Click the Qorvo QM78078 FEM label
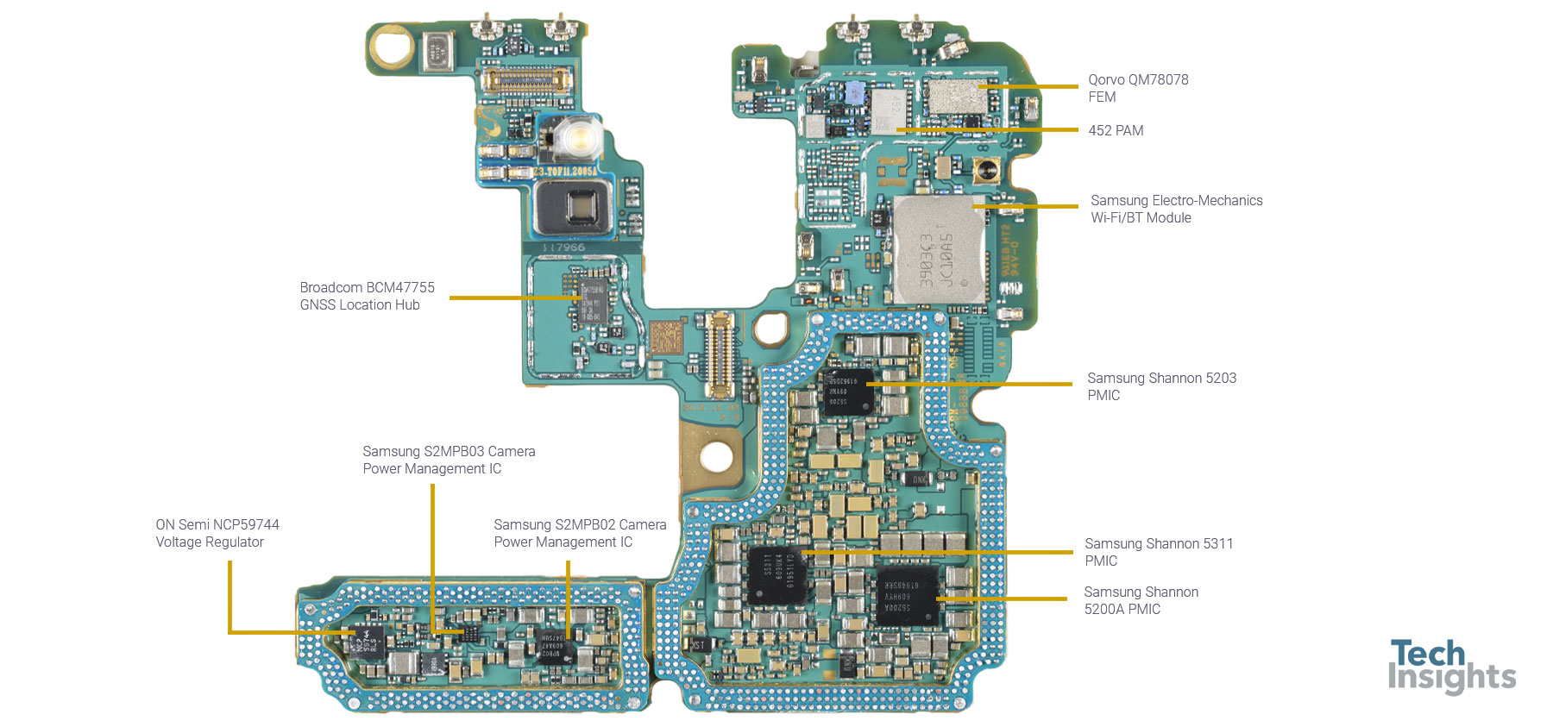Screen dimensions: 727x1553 pyautogui.click(x=1138, y=88)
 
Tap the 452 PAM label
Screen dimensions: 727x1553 pyautogui.click(x=1116, y=131)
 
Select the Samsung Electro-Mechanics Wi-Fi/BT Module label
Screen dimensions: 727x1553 pyautogui.click(x=1176, y=209)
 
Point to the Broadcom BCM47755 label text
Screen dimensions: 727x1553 pyautogui.click(x=367, y=296)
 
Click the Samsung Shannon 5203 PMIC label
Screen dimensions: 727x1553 pyautogui.click(x=1161, y=386)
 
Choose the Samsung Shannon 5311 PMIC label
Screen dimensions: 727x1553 pyautogui.click(x=1159, y=552)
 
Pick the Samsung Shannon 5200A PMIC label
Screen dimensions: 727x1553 pyautogui.click(x=1141, y=600)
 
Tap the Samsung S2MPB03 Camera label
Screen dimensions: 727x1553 pyautogui.click(x=449, y=460)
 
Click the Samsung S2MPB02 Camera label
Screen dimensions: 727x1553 pyautogui.click(x=580, y=533)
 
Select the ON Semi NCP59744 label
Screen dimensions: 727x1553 pyautogui.click(x=217, y=533)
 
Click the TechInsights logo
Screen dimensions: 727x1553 pyautogui.click(x=1451, y=666)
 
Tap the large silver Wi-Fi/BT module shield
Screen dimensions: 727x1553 pyautogui.click(x=938, y=250)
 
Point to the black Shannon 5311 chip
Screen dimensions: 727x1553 pyautogui.click(x=777, y=573)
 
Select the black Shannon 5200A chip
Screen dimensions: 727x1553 pyautogui.click(x=907, y=595)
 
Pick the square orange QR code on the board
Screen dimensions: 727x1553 pyautogui.click(x=666, y=337)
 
